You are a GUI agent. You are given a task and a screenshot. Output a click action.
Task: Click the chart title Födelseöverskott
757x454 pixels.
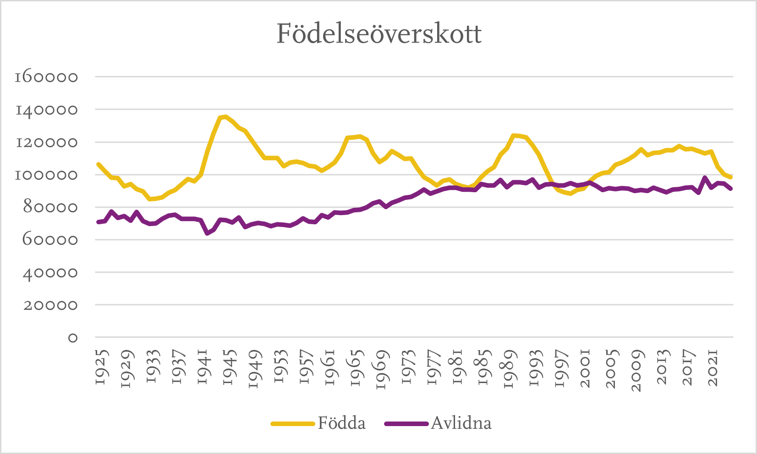click(x=379, y=34)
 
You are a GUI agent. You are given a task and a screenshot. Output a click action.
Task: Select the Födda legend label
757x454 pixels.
click(x=342, y=423)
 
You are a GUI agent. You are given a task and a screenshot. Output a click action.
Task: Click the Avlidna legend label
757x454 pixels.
click(x=461, y=423)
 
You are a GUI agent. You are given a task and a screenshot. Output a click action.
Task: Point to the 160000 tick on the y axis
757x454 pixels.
click(x=46, y=76)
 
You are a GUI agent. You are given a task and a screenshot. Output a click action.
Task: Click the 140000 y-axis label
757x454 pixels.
click(x=46, y=109)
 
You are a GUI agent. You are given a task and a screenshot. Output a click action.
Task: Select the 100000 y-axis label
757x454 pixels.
click(x=46, y=175)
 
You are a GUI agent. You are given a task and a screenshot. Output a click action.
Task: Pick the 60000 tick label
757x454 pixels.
click(x=49, y=240)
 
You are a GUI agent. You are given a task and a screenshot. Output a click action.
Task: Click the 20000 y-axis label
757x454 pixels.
click(x=49, y=305)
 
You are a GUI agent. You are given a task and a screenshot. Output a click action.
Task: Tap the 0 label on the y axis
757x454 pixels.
click(x=72, y=338)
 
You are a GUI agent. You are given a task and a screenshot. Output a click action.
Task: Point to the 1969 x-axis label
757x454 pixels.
click(x=382, y=369)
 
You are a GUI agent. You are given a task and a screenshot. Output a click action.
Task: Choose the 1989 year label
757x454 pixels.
click(x=509, y=369)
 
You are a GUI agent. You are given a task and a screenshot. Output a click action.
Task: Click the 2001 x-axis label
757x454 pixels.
click(x=586, y=368)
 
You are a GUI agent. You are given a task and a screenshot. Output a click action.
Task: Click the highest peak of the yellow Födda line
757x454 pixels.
click(x=225, y=117)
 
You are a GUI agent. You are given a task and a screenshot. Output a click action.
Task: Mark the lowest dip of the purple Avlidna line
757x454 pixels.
click(x=207, y=233)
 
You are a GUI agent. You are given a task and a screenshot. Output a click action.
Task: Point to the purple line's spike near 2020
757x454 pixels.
click(x=705, y=178)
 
